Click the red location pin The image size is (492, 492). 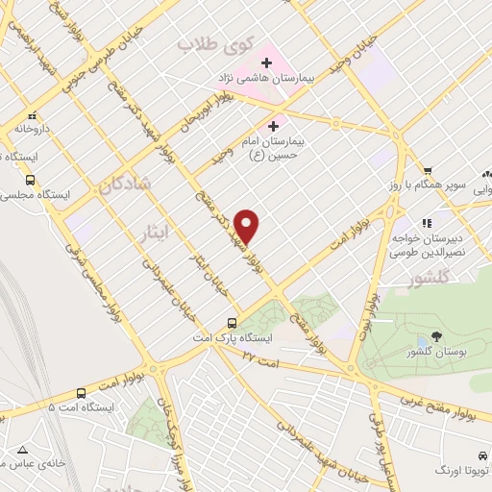click(x=248, y=226)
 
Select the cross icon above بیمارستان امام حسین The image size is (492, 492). click(x=273, y=126)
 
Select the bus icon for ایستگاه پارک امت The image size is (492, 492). click(x=232, y=324)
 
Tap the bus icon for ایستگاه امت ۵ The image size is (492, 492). click(x=81, y=393)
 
